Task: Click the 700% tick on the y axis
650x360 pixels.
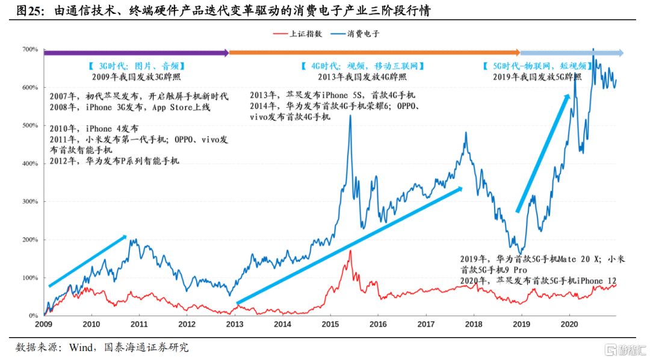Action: (30, 49)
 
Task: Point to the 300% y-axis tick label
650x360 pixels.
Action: (30, 202)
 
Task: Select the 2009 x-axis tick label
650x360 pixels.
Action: (44, 324)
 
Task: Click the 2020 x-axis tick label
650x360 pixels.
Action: (568, 324)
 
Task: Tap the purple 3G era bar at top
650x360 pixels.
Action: (135, 53)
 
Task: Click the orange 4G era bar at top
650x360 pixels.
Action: (373, 53)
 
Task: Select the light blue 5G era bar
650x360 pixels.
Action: (572, 53)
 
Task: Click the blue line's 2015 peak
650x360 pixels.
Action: (350, 116)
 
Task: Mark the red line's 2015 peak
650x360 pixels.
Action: (350, 251)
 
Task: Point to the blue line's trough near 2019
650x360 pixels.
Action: (520, 253)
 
